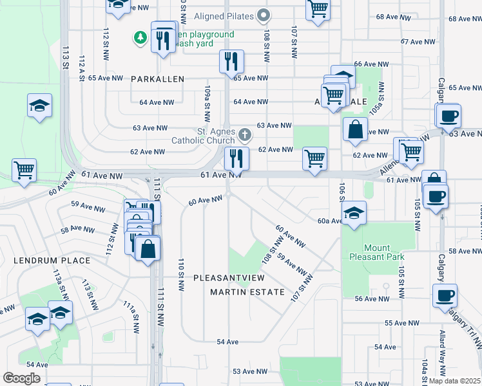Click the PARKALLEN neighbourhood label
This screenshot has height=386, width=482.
point(157,79)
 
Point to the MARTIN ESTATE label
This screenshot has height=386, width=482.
point(247,292)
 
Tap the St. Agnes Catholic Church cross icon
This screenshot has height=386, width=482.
point(244,135)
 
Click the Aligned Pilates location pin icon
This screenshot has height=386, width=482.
point(263,15)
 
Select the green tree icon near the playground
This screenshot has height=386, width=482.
point(140,38)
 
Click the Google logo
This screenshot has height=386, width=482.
point(21,378)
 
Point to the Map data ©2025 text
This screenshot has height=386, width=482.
point(454,381)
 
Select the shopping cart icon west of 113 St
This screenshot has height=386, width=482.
point(24,170)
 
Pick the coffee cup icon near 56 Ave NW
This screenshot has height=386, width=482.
point(445,295)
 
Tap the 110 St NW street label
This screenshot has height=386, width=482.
point(182,273)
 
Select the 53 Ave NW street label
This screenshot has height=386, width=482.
point(249,371)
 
